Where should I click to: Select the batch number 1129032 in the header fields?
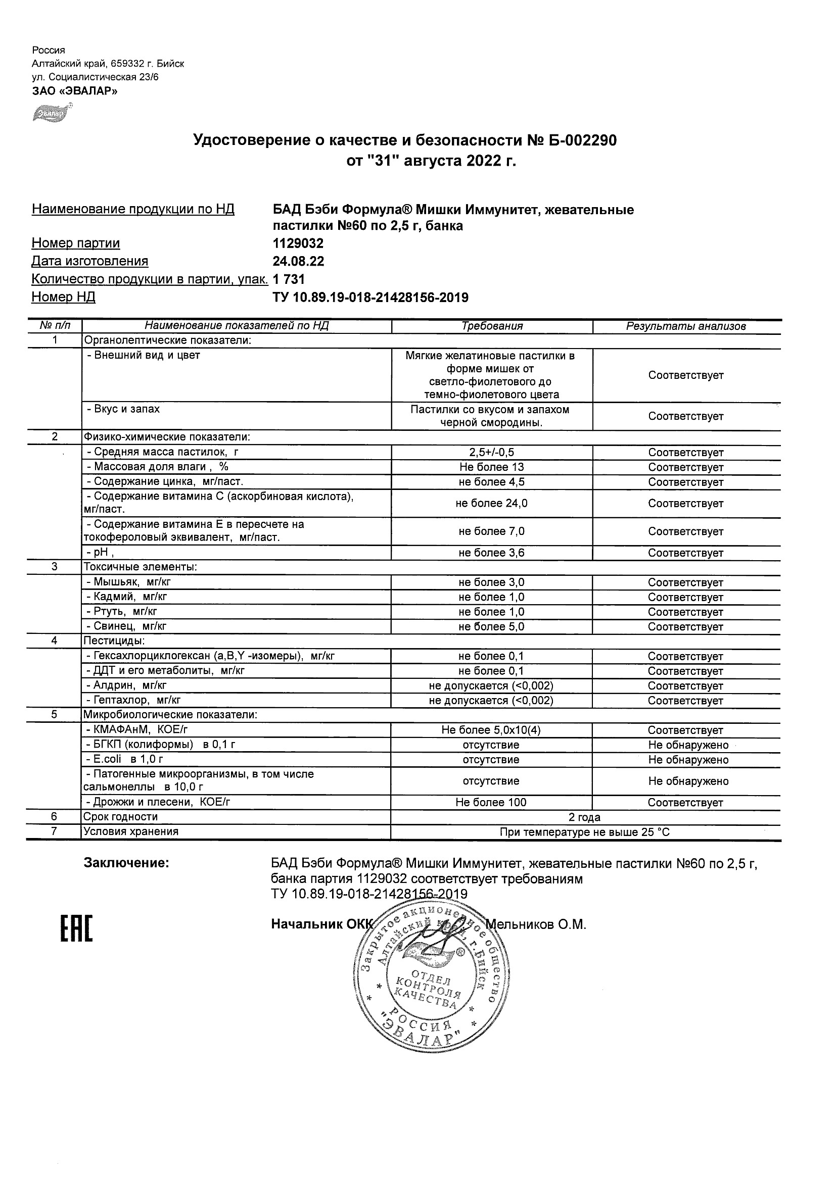[298, 243]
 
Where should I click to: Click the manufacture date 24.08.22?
[298, 262]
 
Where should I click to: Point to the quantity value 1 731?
[289, 279]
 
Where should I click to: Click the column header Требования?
[492, 326]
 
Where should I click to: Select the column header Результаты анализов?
[685, 326]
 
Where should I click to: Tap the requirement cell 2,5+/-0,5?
[492, 453]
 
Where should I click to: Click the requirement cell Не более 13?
[492, 467]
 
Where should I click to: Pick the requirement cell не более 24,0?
[492, 504]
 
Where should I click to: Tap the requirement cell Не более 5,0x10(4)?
[491, 730]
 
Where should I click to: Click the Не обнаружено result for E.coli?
[688, 760]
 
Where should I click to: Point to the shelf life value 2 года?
[584, 817]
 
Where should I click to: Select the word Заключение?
[126, 863]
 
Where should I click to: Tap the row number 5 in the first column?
[54, 715]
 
